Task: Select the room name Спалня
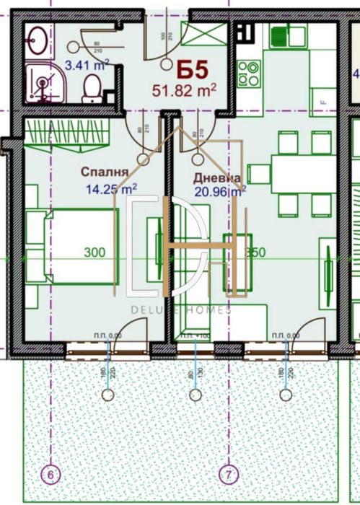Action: coord(105,173)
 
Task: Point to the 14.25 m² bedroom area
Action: coord(111,190)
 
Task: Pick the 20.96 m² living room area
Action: coord(220,192)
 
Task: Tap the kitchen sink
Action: coord(279,35)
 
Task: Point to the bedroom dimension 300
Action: coord(94,253)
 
